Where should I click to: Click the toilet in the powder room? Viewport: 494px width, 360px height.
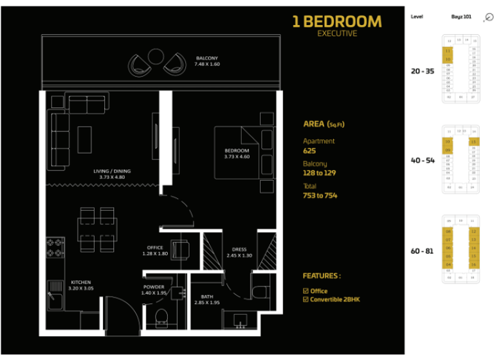click(x=160, y=316)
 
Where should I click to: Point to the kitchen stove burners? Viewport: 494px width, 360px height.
click(x=54, y=248)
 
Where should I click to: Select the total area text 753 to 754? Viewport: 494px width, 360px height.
click(x=320, y=195)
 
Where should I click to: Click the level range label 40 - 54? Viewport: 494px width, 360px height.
click(x=423, y=160)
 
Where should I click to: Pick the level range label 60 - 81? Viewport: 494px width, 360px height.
click(x=423, y=250)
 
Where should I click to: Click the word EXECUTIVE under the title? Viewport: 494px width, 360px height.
click(x=337, y=33)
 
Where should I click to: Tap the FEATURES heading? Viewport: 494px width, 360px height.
click(x=322, y=276)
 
